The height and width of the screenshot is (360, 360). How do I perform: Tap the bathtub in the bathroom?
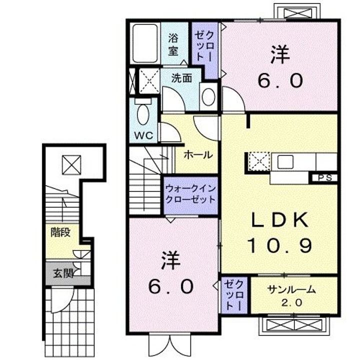click(x=145, y=43)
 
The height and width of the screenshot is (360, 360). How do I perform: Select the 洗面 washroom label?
click(x=181, y=78)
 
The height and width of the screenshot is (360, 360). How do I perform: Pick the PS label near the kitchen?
click(x=323, y=177)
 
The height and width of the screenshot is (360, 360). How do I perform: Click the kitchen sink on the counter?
click(x=286, y=162)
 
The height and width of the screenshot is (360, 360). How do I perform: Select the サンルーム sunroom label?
click(x=292, y=289)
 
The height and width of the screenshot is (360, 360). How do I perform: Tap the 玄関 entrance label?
click(x=64, y=273)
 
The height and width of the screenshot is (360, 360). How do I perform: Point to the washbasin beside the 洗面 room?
click(x=208, y=97)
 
